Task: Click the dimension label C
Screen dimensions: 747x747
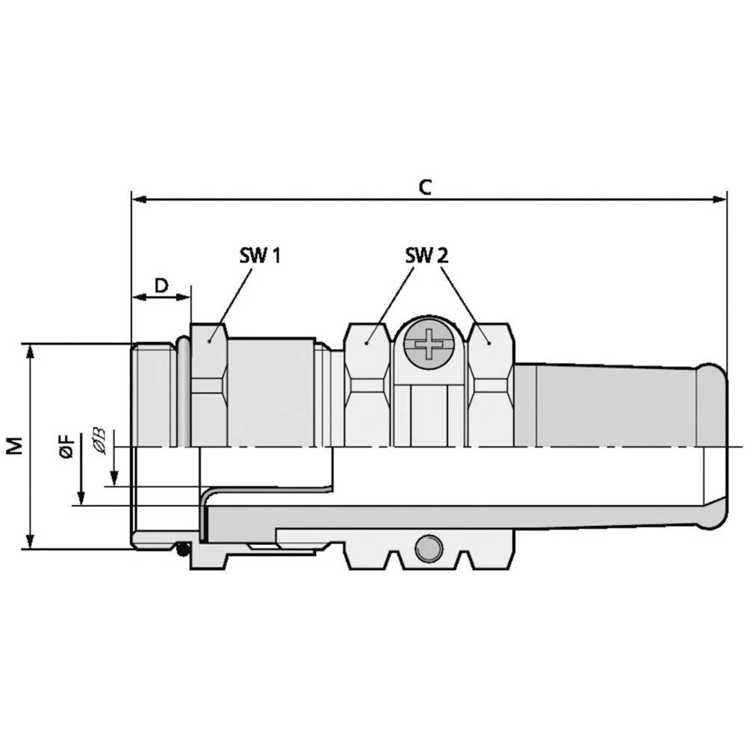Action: coord(425,187)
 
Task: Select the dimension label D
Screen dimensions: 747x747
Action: coord(161,285)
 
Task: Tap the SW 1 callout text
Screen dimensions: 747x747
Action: coord(260,255)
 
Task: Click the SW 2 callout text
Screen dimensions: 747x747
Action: coord(427,255)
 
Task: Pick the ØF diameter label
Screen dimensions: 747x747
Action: coord(67,446)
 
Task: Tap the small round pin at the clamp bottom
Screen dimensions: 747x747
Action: coord(428,548)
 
